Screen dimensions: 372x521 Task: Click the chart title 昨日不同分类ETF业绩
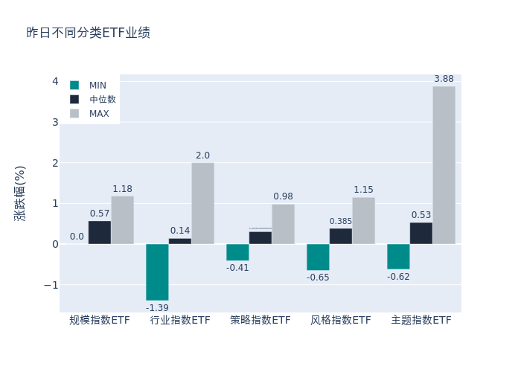88,33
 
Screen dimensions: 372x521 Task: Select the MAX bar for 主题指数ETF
444,165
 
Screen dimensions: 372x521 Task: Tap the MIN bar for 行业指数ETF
157,272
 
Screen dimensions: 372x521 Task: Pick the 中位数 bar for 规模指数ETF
100,233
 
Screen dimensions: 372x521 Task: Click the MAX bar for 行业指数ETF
202,203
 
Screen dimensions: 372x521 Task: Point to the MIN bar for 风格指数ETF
318,257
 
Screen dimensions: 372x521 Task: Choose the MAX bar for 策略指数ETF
283,224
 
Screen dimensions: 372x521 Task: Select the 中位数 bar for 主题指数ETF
421,234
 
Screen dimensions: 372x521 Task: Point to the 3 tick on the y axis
55,122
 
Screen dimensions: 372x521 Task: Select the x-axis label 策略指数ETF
260,321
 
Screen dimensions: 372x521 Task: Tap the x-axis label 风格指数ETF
341,321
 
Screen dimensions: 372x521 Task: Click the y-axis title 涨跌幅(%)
20,193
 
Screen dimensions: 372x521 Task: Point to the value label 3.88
444,79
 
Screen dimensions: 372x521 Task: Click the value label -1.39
157,308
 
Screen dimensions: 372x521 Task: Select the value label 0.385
341,222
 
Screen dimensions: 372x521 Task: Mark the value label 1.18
122,189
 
